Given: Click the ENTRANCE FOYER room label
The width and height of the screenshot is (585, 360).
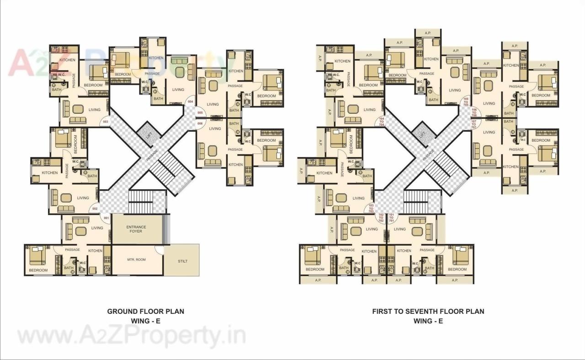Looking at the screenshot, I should tap(136, 229).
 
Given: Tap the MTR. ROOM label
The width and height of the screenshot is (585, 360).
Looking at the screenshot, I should tap(136, 260).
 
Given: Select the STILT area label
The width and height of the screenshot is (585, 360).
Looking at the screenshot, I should tap(182, 261).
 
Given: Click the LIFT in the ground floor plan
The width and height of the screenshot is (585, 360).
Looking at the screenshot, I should tap(148, 135).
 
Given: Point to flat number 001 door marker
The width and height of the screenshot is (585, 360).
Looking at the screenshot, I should tap(106, 218).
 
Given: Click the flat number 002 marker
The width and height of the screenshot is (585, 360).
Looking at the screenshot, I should tap(95, 209).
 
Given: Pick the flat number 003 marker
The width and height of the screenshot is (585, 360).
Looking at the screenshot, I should tap(106, 122).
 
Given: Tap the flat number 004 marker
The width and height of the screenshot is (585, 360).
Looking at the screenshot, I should tap(191, 101).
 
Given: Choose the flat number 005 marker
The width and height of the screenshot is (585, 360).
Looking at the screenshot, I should tap(200, 112).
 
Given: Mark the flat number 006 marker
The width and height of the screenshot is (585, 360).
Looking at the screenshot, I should tap(200, 123).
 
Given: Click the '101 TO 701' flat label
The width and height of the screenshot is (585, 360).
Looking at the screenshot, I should tap(391, 217).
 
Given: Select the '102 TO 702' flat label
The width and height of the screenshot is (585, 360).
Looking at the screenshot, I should tap(381, 217).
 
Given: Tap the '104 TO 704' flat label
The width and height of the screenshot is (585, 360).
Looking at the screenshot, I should tap(382, 121).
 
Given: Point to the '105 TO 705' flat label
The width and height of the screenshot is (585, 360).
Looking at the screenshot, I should tap(466, 101).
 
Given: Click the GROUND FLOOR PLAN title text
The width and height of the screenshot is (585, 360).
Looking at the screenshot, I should tap(145, 312).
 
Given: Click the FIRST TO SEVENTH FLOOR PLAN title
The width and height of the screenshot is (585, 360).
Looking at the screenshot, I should tap(428, 312).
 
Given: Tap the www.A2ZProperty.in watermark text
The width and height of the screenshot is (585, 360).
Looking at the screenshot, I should tap(132, 337).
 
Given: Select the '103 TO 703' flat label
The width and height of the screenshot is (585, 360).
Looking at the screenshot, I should tap(371, 209).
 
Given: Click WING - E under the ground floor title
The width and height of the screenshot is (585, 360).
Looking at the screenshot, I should tap(145, 321).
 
